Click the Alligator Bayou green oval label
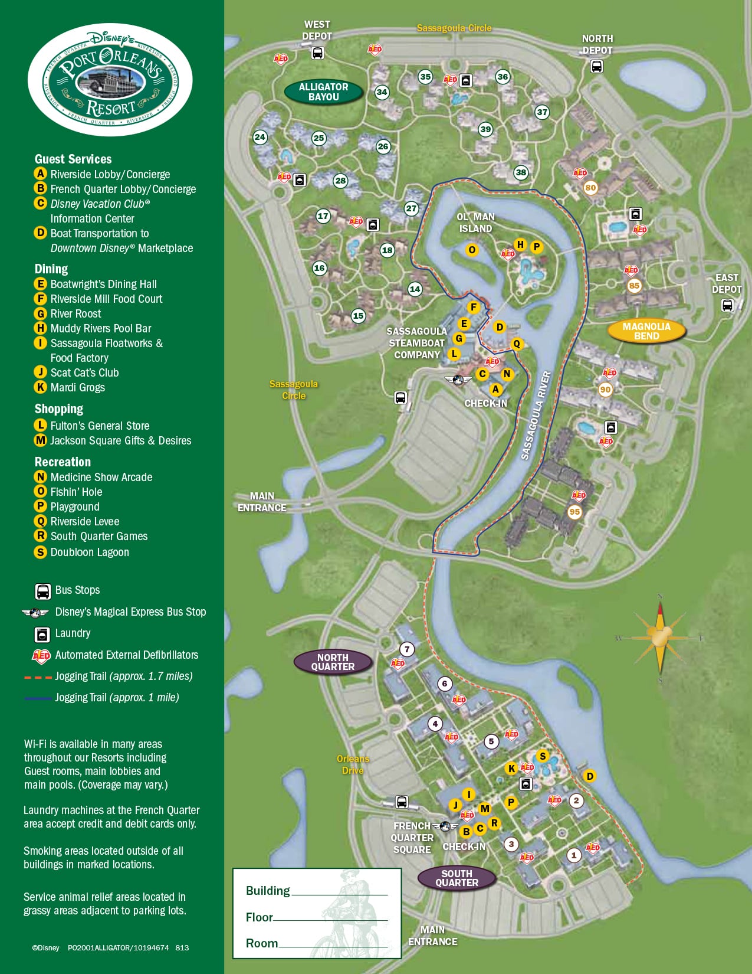point(323,92)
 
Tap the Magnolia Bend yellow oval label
point(646,331)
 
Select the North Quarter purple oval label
point(333,662)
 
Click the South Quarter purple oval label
point(457,878)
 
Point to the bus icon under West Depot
point(317,53)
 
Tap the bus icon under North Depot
point(596,66)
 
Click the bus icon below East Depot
point(727,305)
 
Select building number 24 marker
point(260,138)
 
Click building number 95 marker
point(574,512)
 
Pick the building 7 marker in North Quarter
point(407,649)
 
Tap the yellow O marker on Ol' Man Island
point(472,250)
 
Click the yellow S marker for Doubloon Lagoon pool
point(543,756)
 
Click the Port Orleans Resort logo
point(110,80)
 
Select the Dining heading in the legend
point(51,269)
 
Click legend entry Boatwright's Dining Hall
point(103,284)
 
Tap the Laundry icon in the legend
point(42,634)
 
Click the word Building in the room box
point(268,891)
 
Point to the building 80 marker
point(590,188)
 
